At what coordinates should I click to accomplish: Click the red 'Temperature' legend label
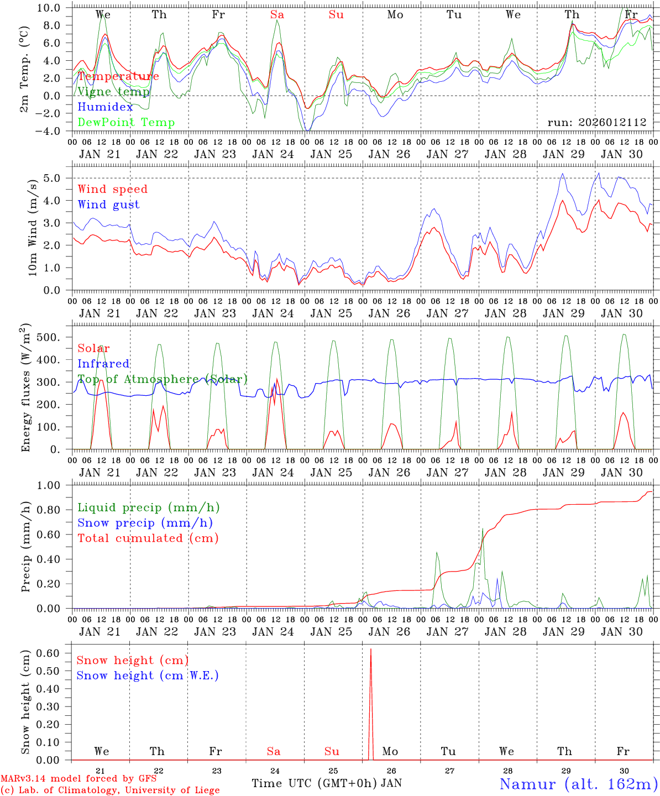[118, 76]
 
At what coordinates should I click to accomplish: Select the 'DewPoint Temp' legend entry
[126, 123]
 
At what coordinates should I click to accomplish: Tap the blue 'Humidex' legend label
[105, 107]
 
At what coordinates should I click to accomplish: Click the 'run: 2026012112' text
[596, 123]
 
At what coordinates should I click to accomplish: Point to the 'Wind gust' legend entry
[108, 205]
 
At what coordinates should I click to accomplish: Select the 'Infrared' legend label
[103, 364]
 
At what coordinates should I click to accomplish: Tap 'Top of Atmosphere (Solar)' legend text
[163, 379]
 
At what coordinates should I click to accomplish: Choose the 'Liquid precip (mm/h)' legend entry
[148, 507]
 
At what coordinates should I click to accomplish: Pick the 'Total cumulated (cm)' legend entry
[148, 538]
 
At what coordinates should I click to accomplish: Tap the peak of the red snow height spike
[370, 650]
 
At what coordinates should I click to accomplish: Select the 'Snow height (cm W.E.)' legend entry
[148, 675]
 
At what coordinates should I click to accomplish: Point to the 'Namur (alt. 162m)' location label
[578, 783]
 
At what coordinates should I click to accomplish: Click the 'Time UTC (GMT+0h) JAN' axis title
[326, 783]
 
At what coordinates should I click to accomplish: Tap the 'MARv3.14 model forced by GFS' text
[78, 778]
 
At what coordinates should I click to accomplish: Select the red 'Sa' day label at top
[277, 14]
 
